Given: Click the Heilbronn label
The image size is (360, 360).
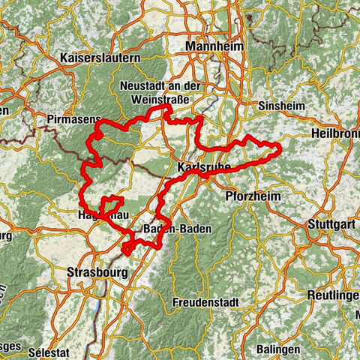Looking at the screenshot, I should [335, 133].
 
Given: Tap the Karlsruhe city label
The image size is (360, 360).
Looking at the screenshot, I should [205, 166].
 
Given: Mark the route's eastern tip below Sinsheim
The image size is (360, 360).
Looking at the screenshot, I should [279, 151].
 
